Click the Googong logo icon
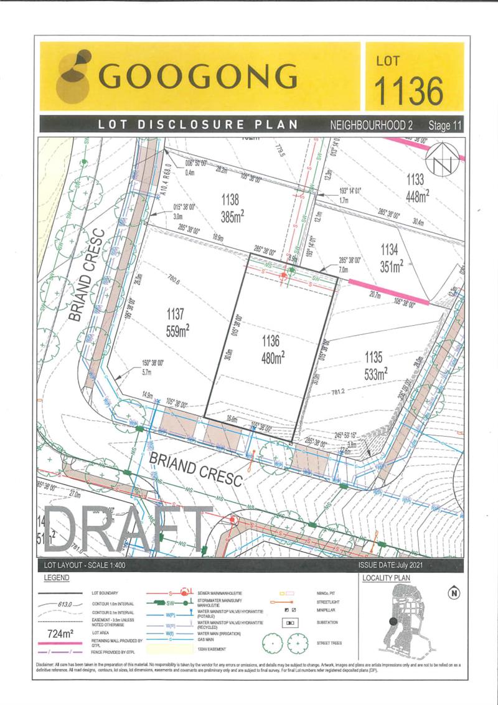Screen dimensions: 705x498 [x=73, y=76]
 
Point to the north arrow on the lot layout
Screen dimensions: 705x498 [x=443, y=156]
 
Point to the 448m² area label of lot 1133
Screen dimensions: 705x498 [x=418, y=196]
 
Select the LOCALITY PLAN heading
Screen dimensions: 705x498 [x=386, y=578]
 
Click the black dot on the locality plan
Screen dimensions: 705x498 [x=392, y=621]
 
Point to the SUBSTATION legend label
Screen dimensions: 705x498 [x=327, y=622]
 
